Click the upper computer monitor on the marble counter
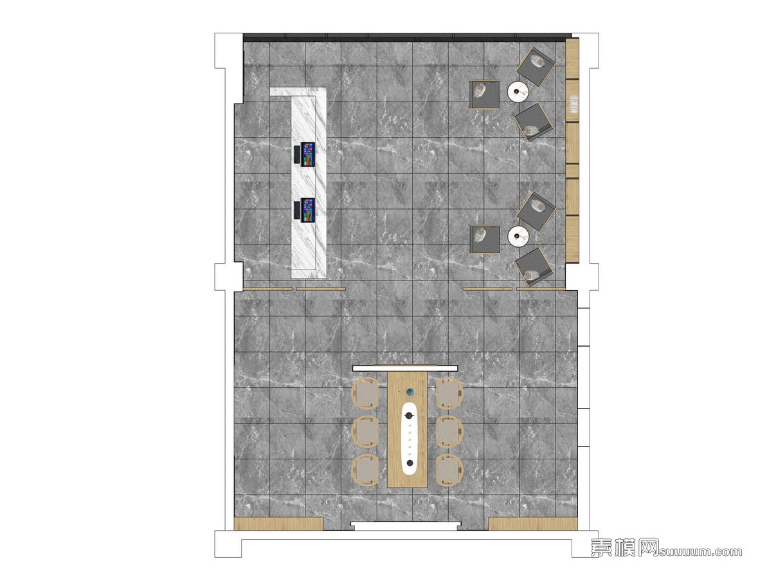(x=307, y=154)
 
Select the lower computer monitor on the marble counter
(x=307, y=210)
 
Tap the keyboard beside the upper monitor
(x=296, y=154)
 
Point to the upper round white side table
(x=518, y=92)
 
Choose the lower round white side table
(x=518, y=236)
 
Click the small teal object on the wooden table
(x=410, y=392)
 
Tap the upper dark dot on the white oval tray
(x=410, y=416)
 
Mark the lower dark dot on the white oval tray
(x=410, y=463)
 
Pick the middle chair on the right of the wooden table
(x=449, y=432)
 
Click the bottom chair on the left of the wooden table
(x=365, y=470)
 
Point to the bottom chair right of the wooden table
(x=449, y=470)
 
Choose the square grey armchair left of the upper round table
(x=484, y=95)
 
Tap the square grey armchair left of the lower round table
(x=484, y=239)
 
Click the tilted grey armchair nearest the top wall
(x=536, y=66)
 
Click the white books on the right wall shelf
(x=573, y=104)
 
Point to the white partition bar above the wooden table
(x=405, y=369)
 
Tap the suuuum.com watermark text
(x=700, y=551)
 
